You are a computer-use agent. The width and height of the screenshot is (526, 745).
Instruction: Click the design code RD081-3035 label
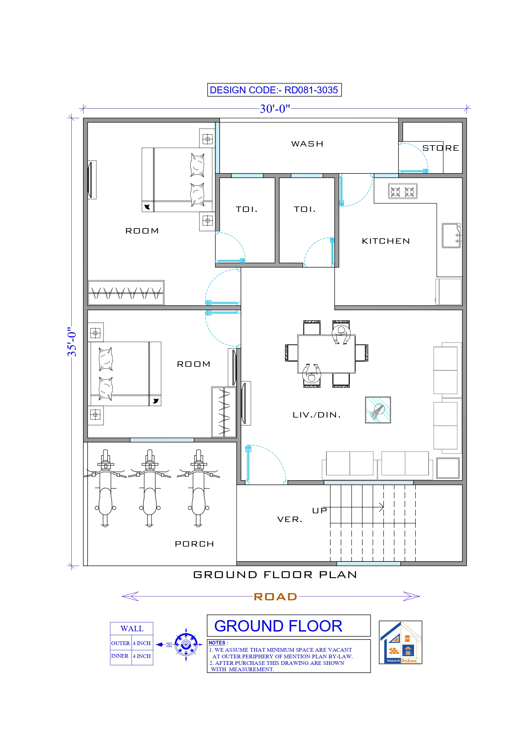point(274,90)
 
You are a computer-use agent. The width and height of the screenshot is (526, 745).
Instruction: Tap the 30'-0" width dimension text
point(275,109)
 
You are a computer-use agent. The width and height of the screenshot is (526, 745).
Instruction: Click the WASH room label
point(307,144)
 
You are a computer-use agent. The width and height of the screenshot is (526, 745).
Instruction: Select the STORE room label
point(441,148)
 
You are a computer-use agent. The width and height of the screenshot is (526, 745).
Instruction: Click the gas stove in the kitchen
point(403,192)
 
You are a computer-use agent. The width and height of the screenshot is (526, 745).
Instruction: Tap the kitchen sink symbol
point(451,236)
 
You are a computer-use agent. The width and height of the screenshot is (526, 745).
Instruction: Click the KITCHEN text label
point(386,241)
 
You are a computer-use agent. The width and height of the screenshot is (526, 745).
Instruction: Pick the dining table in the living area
point(326,354)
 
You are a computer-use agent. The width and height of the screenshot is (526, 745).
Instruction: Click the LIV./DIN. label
point(316,415)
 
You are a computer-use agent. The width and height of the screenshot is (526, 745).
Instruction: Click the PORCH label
point(195,544)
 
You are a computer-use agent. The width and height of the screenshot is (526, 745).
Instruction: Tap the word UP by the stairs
point(319,510)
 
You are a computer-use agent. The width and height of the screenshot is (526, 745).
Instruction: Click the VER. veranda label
point(290,519)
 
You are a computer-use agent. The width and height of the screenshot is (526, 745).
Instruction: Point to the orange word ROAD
point(275,596)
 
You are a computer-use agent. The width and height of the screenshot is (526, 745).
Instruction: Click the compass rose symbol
point(186,644)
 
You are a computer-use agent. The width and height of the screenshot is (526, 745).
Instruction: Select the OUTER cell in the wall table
point(120,643)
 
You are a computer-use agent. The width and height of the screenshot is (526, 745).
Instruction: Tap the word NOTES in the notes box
point(217,643)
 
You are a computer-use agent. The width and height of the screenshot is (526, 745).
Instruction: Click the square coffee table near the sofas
point(378,410)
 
